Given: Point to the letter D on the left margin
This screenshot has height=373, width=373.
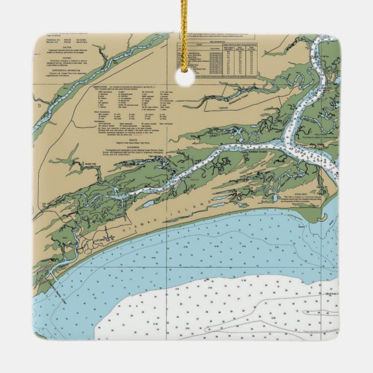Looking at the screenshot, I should pos(39,107).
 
